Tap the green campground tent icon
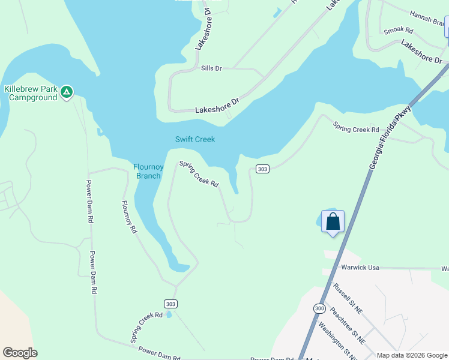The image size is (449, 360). [67, 92]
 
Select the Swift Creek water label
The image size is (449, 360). [195, 139]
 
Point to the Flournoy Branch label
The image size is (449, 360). [148, 171]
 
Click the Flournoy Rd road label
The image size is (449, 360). [130, 217]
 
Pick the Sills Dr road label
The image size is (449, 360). [211, 68]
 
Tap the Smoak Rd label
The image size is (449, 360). [399, 29]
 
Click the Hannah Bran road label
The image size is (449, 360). [429, 17]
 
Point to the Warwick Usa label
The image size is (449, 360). [361, 268]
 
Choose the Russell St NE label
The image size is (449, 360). [348, 299]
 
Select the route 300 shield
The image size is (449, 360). [319, 308]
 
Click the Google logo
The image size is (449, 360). [20, 353]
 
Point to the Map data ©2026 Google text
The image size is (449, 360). [412, 355]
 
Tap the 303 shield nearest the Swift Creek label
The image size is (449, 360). [262, 169]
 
